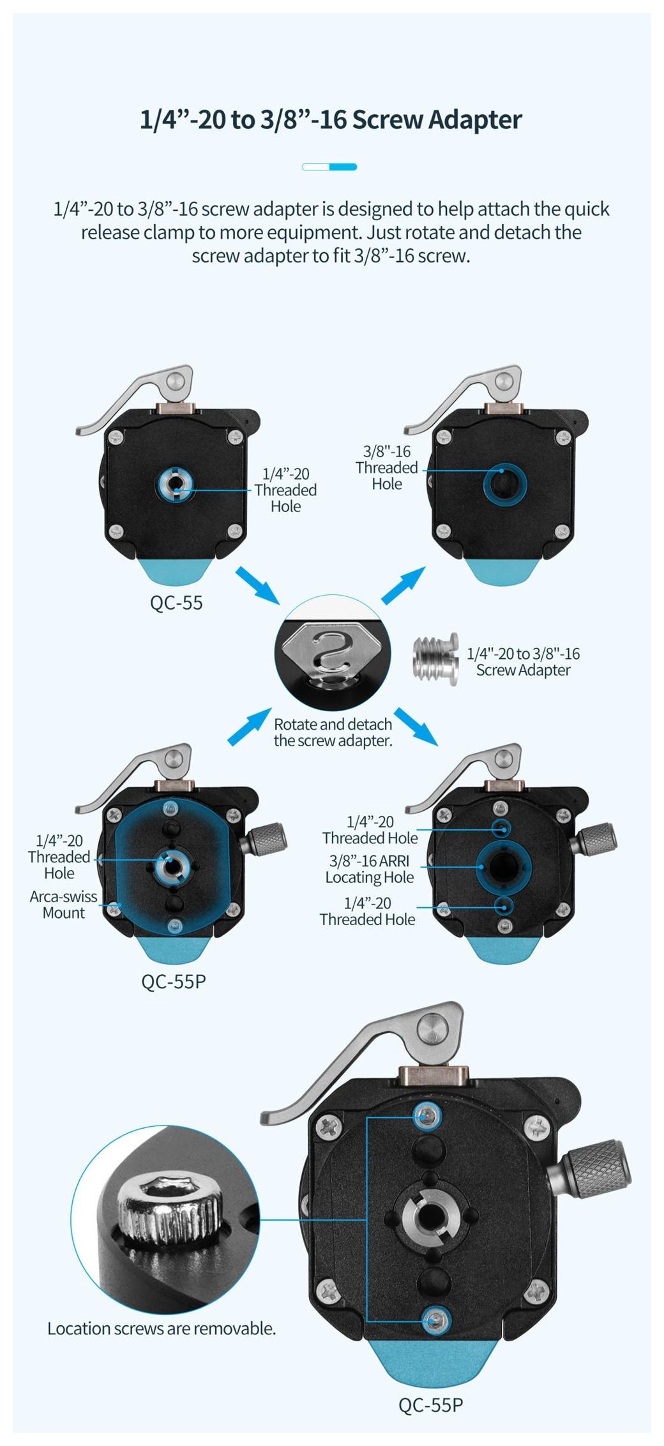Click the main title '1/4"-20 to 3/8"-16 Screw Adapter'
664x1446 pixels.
click(x=331, y=120)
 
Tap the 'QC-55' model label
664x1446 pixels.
click(x=176, y=603)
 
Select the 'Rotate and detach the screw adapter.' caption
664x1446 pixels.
click(x=333, y=732)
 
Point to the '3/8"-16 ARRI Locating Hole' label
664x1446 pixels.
click(x=370, y=869)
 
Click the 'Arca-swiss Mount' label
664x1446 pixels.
click(x=63, y=904)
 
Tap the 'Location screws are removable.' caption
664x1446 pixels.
click(x=162, y=1329)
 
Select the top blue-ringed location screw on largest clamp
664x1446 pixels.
click(x=427, y=1116)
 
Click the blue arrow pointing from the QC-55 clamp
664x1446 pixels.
click(x=258, y=585)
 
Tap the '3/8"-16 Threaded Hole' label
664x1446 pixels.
click(x=387, y=467)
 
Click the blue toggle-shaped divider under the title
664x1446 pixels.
click(x=329, y=167)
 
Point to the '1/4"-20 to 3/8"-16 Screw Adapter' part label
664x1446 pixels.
click(x=523, y=661)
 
